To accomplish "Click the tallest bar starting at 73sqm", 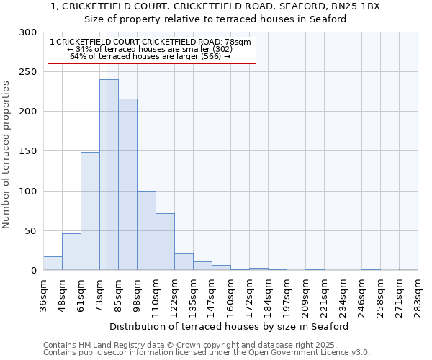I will point(109,175).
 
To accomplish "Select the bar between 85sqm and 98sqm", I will point(127,184).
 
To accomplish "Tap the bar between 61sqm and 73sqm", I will point(90,211).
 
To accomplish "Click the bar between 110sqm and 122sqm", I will point(165,242).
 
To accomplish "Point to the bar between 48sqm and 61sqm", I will point(71,252).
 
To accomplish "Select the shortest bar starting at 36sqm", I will point(53,264).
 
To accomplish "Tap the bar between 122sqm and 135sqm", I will point(184,262).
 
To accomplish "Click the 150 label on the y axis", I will point(28,151).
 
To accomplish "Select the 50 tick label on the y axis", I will point(31,231).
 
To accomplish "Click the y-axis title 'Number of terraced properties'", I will point(6,155).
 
